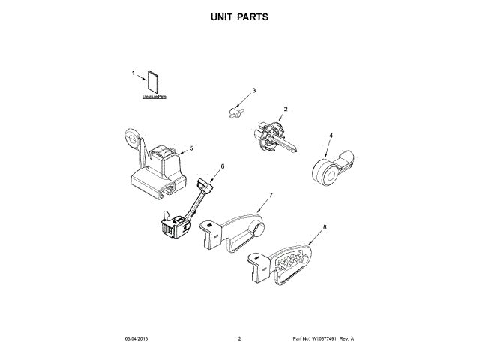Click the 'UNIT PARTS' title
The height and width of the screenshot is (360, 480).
pos(240,16)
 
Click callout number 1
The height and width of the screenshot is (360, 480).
pos(133,73)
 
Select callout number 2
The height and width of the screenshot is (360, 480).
pos(285,109)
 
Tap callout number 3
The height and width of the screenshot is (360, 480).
pos(253,91)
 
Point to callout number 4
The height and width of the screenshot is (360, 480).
pos(331,136)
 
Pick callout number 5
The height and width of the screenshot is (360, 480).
pos(191,148)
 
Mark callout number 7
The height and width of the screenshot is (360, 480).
pos(271,195)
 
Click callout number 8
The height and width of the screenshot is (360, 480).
pos(325,226)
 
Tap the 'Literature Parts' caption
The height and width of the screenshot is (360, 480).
pos(154,97)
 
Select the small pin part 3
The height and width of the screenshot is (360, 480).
pos(235,112)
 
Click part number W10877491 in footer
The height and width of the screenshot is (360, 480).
pos(327,339)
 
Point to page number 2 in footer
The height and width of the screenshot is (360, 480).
pos(239,339)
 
